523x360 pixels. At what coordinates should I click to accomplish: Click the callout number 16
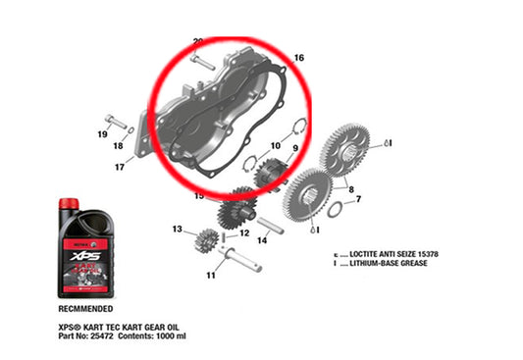coord(299,59)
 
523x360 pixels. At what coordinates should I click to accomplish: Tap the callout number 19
coord(102,132)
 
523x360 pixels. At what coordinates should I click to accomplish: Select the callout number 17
coord(119,167)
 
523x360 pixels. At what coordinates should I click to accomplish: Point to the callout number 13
coord(178,231)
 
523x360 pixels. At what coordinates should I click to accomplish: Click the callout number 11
coord(210,277)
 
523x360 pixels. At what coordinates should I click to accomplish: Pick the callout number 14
coord(263,239)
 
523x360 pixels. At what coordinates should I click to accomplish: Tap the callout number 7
coord(358,199)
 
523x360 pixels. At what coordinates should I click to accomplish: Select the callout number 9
coord(292,148)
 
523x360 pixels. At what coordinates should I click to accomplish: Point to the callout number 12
coord(245,233)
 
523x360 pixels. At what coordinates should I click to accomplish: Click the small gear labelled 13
coord(206,238)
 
